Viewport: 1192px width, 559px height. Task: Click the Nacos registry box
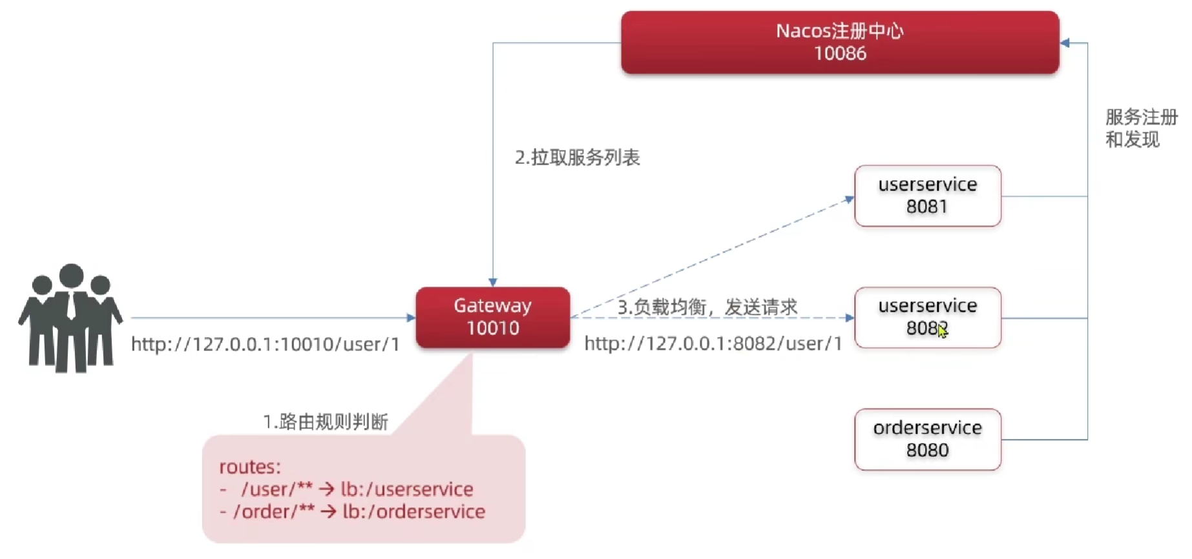(x=839, y=42)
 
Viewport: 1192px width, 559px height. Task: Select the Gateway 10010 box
(x=492, y=317)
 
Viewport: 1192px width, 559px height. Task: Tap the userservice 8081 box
(x=927, y=196)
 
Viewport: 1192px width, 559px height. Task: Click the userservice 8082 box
(x=927, y=317)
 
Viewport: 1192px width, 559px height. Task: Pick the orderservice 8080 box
(x=927, y=439)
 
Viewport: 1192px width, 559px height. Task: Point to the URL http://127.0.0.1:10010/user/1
(x=265, y=344)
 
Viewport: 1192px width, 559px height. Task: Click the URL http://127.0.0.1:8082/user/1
(x=713, y=343)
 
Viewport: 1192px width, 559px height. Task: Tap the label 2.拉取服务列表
(x=577, y=158)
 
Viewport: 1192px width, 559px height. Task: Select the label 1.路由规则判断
(x=325, y=422)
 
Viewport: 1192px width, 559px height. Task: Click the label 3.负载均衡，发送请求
(x=707, y=307)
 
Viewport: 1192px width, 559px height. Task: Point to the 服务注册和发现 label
(x=1141, y=128)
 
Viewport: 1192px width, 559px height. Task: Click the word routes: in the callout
(x=250, y=467)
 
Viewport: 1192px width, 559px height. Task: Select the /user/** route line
(x=357, y=489)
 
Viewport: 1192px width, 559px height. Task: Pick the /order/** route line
(x=359, y=512)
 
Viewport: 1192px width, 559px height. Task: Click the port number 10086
(x=839, y=54)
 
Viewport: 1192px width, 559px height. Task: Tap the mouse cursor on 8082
(x=942, y=330)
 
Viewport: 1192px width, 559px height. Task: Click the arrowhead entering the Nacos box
(x=1065, y=43)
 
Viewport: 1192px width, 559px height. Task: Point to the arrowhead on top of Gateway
(x=493, y=282)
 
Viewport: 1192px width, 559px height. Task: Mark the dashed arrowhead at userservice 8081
(x=850, y=199)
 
